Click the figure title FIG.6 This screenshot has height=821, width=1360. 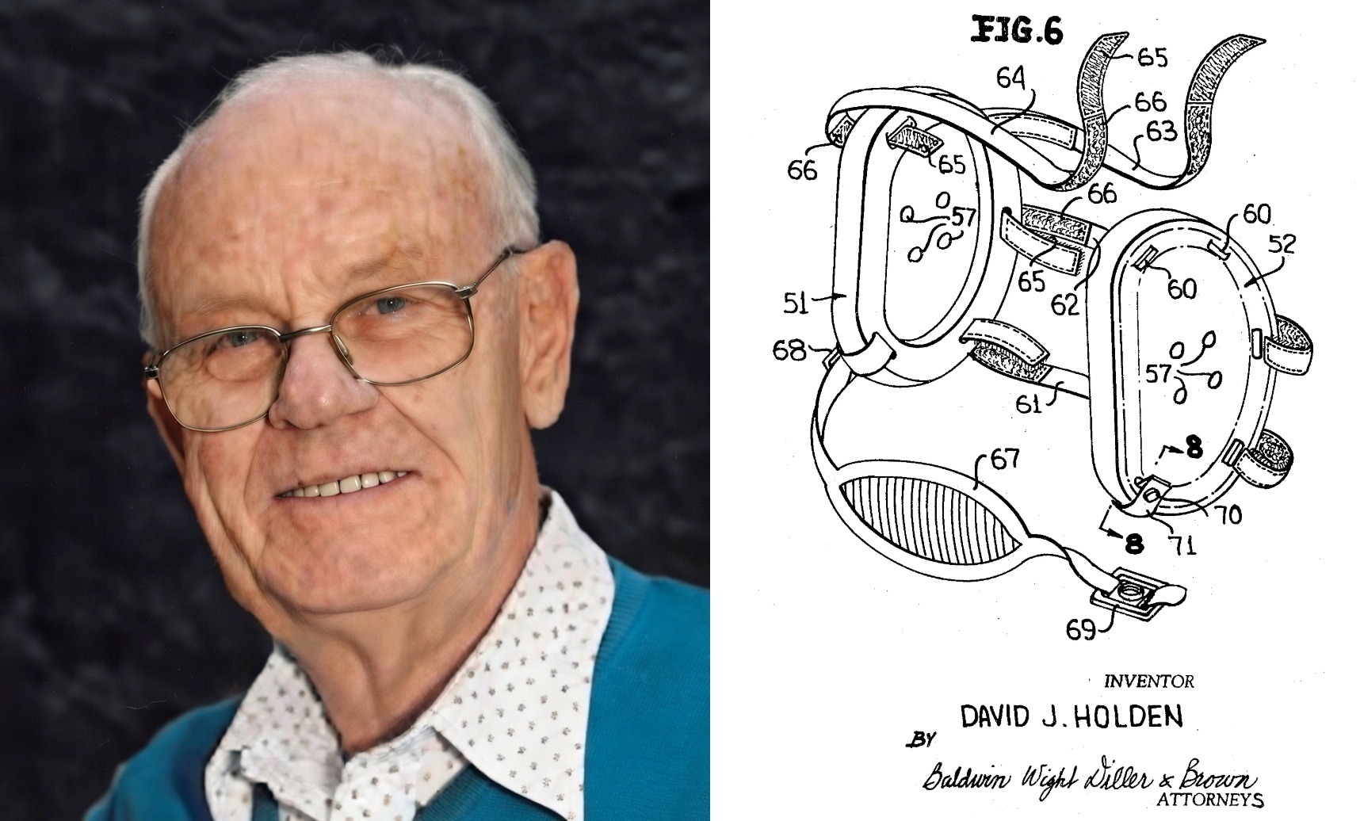(x=1015, y=32)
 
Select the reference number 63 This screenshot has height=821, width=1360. (x=1161, y=131)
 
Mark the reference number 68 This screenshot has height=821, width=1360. (x=789, y=349)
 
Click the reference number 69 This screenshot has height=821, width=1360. (x=1081, y=629)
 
